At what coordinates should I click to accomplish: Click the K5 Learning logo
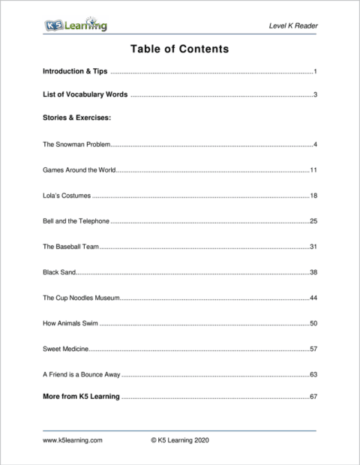75,26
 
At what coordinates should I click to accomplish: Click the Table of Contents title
179,49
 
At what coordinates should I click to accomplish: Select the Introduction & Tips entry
76,72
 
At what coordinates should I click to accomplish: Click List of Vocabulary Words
85,95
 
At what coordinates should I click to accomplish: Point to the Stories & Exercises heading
77,118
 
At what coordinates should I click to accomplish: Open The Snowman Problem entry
77,144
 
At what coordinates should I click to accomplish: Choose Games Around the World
79,170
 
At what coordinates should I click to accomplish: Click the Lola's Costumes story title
67,196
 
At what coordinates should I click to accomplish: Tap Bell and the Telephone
76,222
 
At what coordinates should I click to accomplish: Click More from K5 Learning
81,397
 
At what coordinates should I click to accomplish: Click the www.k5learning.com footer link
72,442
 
